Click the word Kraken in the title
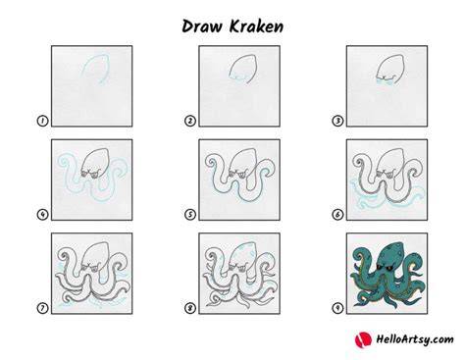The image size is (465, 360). tap(256, 26)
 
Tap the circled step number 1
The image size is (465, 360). tap(42, 121)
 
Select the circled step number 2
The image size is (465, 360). tap(190, 121)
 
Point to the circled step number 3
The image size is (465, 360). tap(337, 121)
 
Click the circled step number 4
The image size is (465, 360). tap(42, 215)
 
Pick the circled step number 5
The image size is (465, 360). tap(190, 215)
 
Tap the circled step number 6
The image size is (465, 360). tap(337, 215)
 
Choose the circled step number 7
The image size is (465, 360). tap(42, 308)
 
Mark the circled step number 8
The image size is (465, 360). tap(190, 308)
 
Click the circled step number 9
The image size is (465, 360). tap(337, 308)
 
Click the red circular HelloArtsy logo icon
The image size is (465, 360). tap(363, 339)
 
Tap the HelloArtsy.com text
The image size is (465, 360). tap(415, 339)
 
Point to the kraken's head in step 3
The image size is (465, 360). tap(390, 68)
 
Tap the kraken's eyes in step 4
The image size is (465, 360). tap(90, 174)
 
